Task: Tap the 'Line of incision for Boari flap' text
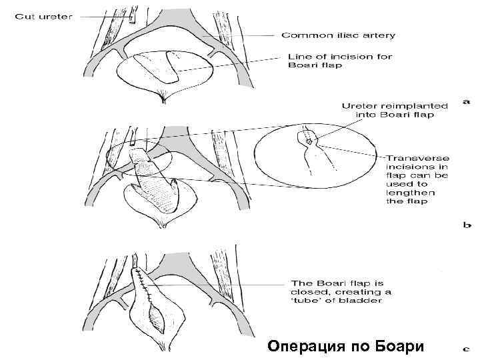point(340,61)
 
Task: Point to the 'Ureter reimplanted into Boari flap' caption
point(388,110)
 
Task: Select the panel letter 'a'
point(466,101)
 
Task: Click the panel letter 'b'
point(467,225)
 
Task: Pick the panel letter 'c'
point(467,347)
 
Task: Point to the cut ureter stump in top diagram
point(131,18)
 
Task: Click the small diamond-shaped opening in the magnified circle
point(307,141)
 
